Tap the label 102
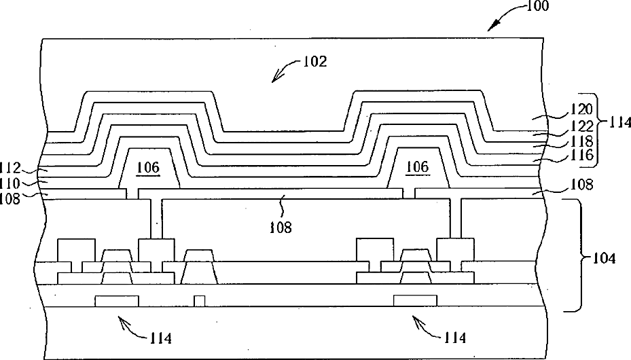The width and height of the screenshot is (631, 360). click(315, 62)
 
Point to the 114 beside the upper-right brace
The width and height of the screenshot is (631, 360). click(620, 123)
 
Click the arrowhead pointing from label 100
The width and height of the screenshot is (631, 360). click(493, 26)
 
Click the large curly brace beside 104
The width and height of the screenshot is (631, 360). click(574, 256)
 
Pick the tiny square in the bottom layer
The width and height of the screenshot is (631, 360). click(199, 300)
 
